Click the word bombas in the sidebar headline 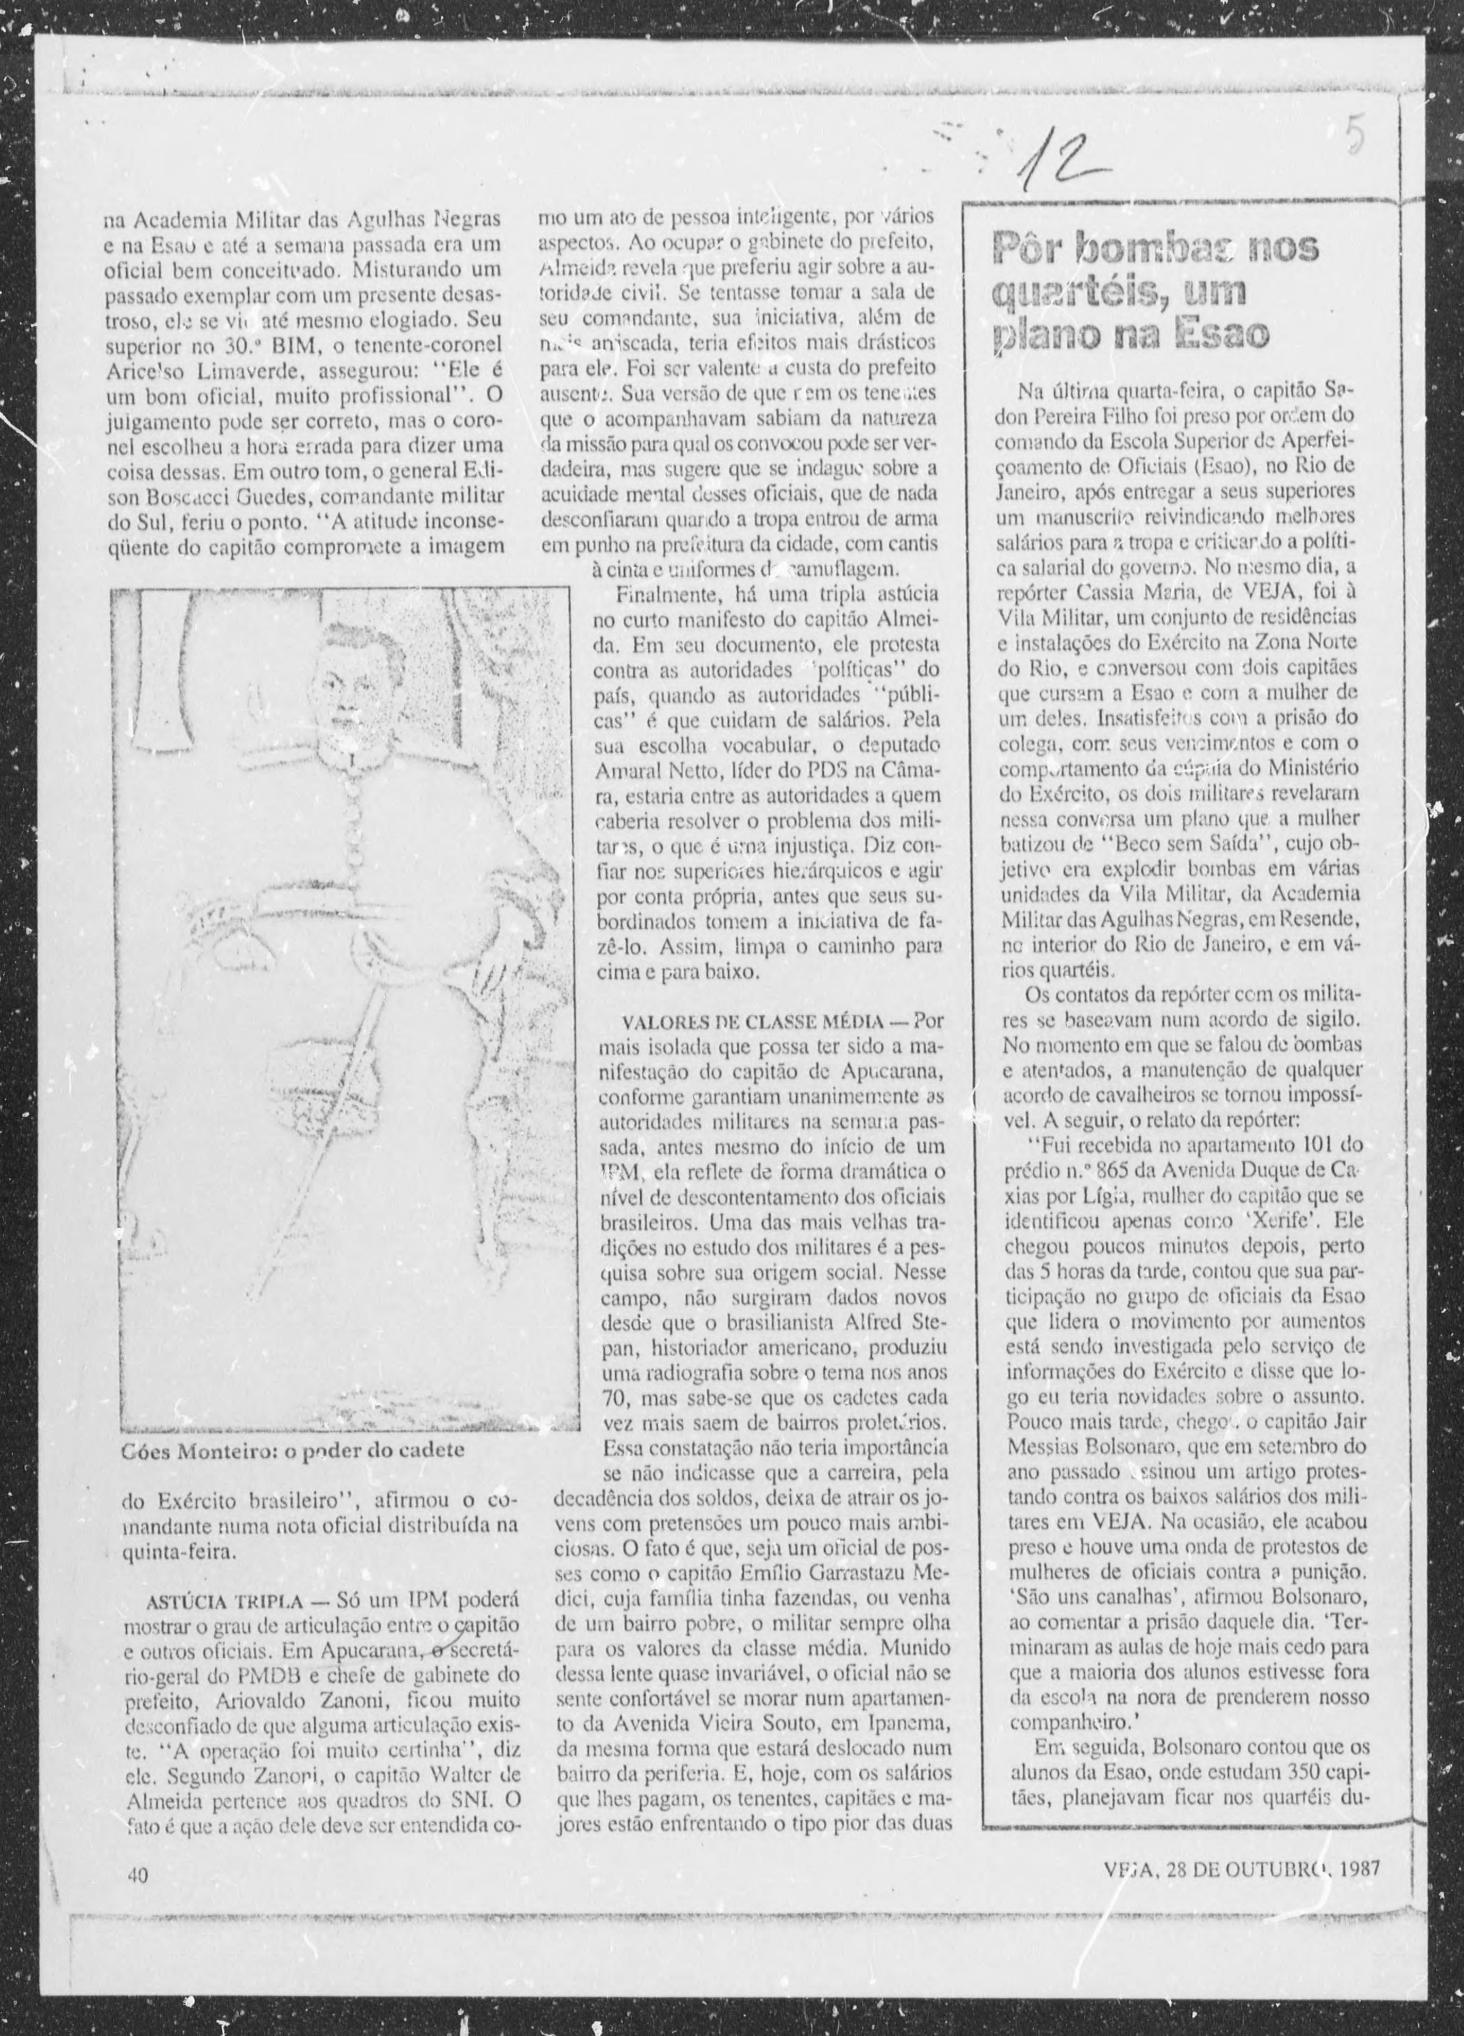click(1136, 249)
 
